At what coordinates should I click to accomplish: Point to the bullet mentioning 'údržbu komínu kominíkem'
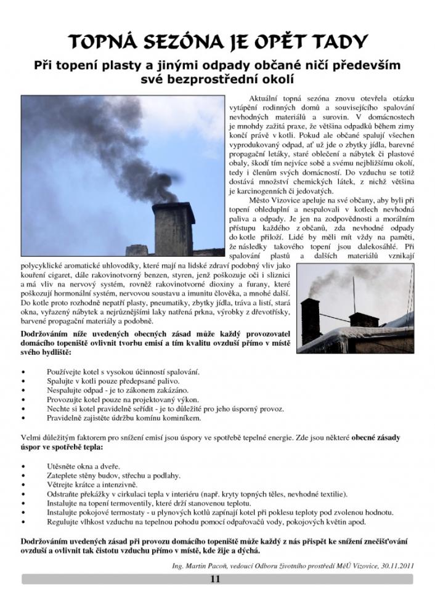(x=123, y=418)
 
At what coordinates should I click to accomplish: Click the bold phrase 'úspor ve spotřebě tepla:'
(x=62, y=447)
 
